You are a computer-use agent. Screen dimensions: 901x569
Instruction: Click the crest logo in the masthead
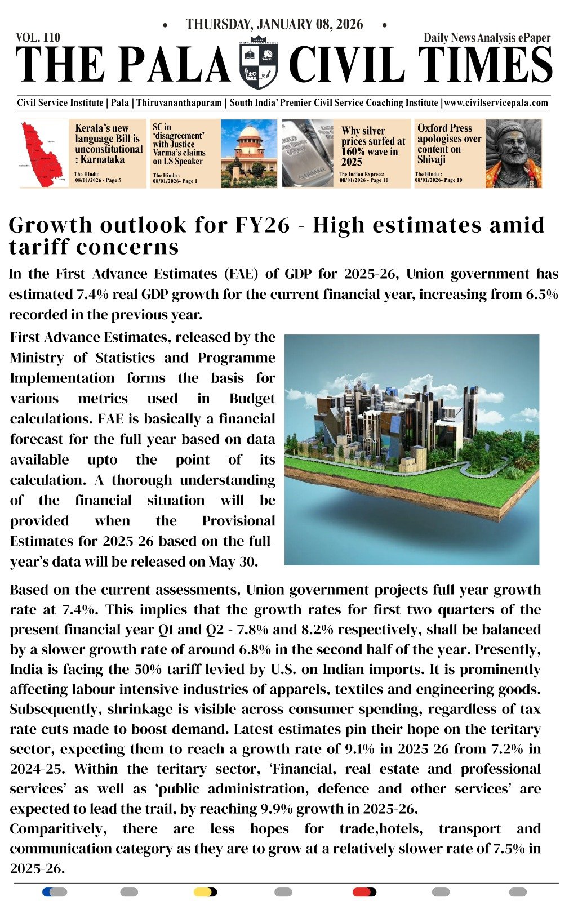point(259,63)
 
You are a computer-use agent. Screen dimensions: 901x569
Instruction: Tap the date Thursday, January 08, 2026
point(274,24)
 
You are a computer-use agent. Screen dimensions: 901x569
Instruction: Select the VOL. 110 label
point(38,38)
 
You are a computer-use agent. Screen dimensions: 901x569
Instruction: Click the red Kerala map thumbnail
point(43,153)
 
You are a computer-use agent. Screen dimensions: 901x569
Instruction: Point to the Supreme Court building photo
point(248,153)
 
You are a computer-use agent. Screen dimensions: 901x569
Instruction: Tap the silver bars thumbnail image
point(308,153)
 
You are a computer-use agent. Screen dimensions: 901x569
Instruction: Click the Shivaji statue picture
point(513,153)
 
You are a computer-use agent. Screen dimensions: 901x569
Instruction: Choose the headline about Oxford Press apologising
point(449,144)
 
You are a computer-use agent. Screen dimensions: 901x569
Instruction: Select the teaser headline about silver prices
point(373,146)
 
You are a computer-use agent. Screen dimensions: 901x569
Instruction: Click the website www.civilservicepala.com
point(496,103)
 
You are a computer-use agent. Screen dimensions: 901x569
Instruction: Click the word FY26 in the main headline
point(263,225)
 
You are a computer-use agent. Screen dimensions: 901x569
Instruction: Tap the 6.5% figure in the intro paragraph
point(542,295)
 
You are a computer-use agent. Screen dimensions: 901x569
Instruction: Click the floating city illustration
point(411,449)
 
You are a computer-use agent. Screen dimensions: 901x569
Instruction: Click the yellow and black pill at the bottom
point(205,892)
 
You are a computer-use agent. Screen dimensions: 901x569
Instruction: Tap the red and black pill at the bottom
point(364,892)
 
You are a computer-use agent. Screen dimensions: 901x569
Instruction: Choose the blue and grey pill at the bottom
point(55,892)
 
